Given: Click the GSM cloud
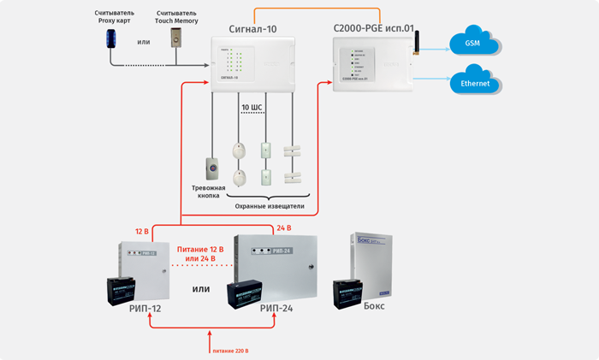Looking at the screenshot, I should [471, 43].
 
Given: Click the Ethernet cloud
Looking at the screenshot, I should [475, 84].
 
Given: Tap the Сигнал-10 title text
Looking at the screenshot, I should [253, 28].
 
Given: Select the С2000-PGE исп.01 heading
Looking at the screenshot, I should [373, 28].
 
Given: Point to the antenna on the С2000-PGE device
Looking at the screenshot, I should [418, 44].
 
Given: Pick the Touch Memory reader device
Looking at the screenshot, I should [177, 38].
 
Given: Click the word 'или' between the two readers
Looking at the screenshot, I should [145, 41].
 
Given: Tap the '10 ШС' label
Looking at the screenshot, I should [252, 108].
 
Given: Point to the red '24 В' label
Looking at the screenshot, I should [283, 228].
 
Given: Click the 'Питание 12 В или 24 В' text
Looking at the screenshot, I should [201, 253].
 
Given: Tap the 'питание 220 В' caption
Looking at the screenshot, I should [230, 351].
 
